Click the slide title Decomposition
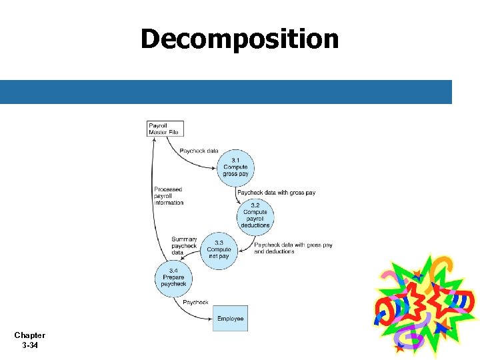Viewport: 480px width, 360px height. pyautogui.click(x=239, y=39)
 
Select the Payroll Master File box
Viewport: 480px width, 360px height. pyautogui.click(x=164, y=128)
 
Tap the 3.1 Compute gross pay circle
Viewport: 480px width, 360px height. pyautogui.click(x=235, y=167)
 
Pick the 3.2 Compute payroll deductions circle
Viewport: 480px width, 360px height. pyautogui.click(x=255, y=215)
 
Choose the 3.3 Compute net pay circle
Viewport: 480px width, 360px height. pyautogui.click(x=219, y=250)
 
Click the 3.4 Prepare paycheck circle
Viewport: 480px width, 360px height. pyautogui.click(x=173, y=277)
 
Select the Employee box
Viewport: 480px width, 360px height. pyautogui.click(x=230, y=319)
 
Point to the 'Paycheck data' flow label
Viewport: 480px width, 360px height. pyautogui.click(x=199, y=151)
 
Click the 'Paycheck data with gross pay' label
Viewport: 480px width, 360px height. pyautogui.click(x=276, y=193)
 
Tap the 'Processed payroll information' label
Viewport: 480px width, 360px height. pyautogui.click(x=168, y=196)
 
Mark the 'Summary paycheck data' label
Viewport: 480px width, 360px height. pyautogui.click(x=184, y=246)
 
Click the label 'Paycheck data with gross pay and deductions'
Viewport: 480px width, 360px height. pyautogui.click(x=293, y=249)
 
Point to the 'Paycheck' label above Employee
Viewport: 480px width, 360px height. pyautogui.click(x=195, y=303)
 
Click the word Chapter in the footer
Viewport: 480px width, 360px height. pyautogui.click(x=29, y=335)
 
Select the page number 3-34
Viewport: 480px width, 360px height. pyautogui.click(x=29, y=345)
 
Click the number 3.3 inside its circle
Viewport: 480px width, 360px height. pyautogui.click(x=219, y=243)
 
